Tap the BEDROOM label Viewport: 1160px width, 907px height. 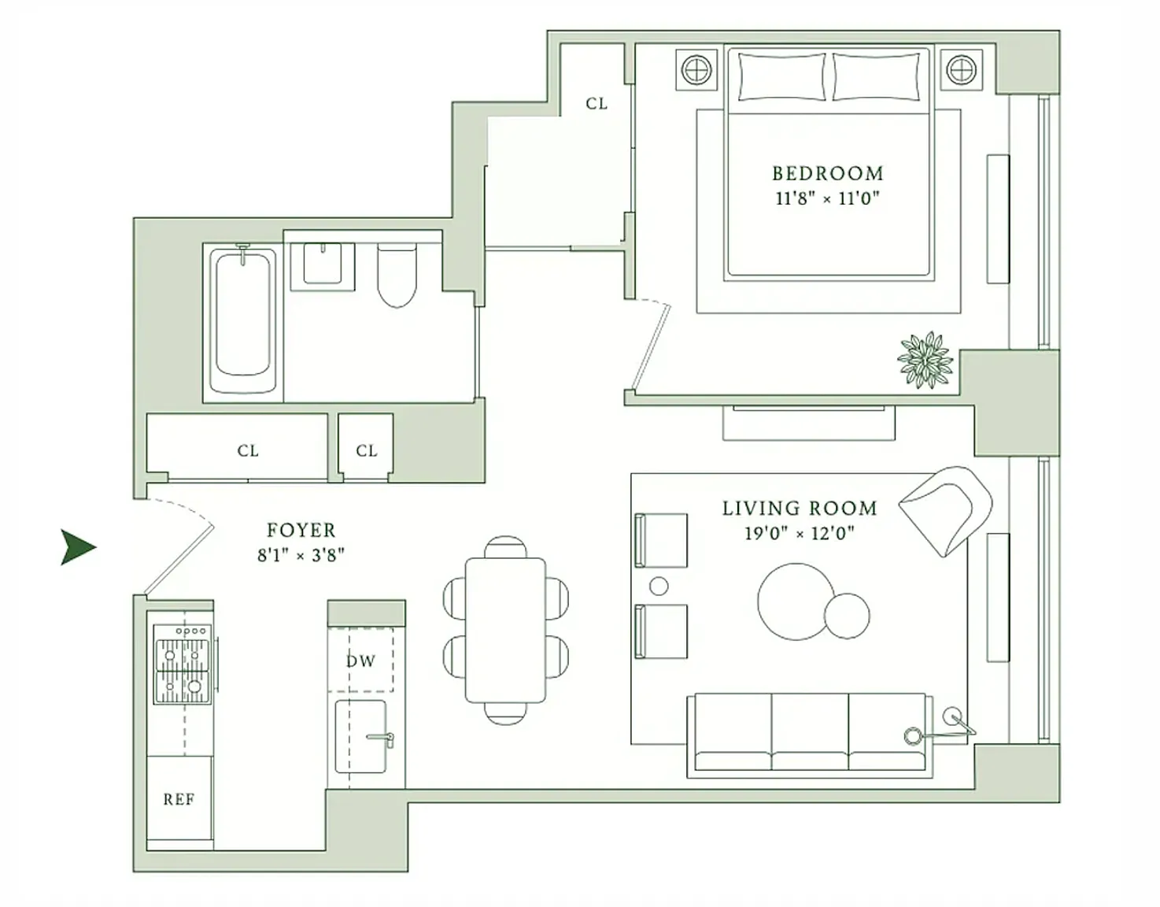click(x=828, y=173)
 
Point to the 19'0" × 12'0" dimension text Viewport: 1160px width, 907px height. click(x=799, y=533)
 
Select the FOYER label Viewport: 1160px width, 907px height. click(x=301, y=530)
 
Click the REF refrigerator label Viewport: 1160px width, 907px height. click(x=179, y=799)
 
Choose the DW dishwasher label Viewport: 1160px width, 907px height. click(x=361, y=661)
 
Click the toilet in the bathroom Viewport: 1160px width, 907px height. click(x=397, y=275)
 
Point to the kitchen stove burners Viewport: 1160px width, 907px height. click(x=182, y=664)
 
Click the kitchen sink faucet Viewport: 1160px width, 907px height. click(x=381, y=739)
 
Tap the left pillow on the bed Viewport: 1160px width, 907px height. click(x=781, y=76)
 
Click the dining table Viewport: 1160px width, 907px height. click(x=505, y=630)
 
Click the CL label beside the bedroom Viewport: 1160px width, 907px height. click(x=597, y=104)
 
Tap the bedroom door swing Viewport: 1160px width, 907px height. click(x=650, y=345)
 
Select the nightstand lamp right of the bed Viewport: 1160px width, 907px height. click(x=962, y=70)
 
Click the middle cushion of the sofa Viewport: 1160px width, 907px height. click(x=810, y=732)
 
